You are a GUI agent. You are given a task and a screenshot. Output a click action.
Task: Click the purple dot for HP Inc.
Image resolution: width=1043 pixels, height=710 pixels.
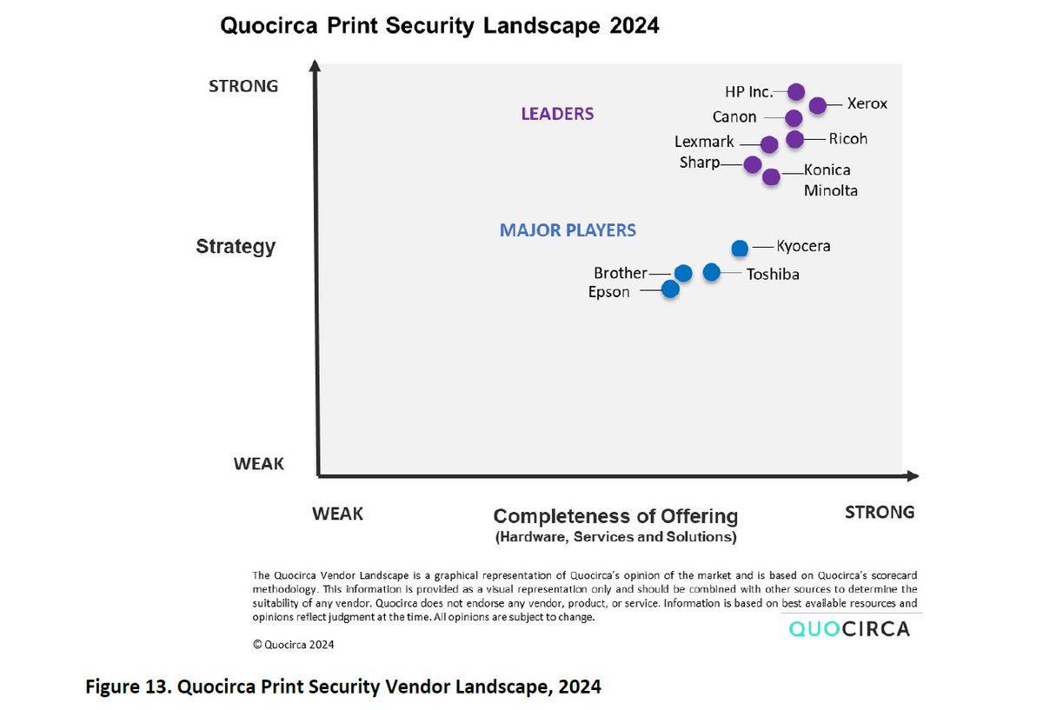click(796, 92)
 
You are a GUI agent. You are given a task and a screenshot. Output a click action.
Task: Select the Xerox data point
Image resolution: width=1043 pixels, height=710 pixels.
click(818, 105)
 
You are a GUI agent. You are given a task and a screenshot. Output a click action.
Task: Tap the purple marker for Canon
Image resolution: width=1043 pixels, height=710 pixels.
click(794, 118)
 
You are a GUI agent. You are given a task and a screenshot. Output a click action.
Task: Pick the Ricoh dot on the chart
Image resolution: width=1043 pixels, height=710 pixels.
click(795, 139)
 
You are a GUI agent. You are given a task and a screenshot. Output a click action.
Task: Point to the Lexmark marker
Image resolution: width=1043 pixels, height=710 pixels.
click(769, 144)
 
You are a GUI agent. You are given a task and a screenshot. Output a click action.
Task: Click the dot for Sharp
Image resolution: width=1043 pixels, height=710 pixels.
click(753, 164)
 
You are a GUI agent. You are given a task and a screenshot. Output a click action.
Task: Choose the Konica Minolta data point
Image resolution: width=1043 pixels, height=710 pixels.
click(771, 177)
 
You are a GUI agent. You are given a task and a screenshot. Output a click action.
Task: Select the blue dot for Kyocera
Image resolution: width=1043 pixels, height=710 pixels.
click(740, 248)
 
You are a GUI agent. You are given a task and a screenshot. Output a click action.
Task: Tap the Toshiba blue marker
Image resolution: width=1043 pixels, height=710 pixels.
click(712, 272)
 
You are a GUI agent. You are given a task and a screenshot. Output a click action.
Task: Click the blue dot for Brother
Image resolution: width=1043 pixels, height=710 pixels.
click(683, 273)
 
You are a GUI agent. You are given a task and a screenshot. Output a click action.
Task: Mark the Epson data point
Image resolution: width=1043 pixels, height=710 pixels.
click(670, 289)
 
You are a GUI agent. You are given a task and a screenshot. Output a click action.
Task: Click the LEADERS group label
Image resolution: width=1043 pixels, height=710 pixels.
click(557, 114)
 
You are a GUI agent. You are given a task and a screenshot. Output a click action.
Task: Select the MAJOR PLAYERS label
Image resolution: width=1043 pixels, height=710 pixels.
click(568, 230)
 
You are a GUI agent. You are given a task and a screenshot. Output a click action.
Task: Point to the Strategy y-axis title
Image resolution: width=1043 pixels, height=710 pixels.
click(236, 246)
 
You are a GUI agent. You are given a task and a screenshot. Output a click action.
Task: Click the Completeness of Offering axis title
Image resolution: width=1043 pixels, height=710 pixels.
click(615, 516)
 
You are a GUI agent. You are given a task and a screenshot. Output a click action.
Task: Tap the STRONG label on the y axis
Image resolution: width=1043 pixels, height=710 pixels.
click(243, 86)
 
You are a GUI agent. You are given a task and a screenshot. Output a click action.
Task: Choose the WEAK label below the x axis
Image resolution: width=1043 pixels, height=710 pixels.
click(337, 514)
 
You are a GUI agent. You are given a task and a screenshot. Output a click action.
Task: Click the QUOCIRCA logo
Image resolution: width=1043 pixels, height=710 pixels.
click(850, 628)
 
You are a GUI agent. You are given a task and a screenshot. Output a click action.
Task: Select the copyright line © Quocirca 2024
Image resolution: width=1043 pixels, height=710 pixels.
click(293, 645)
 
